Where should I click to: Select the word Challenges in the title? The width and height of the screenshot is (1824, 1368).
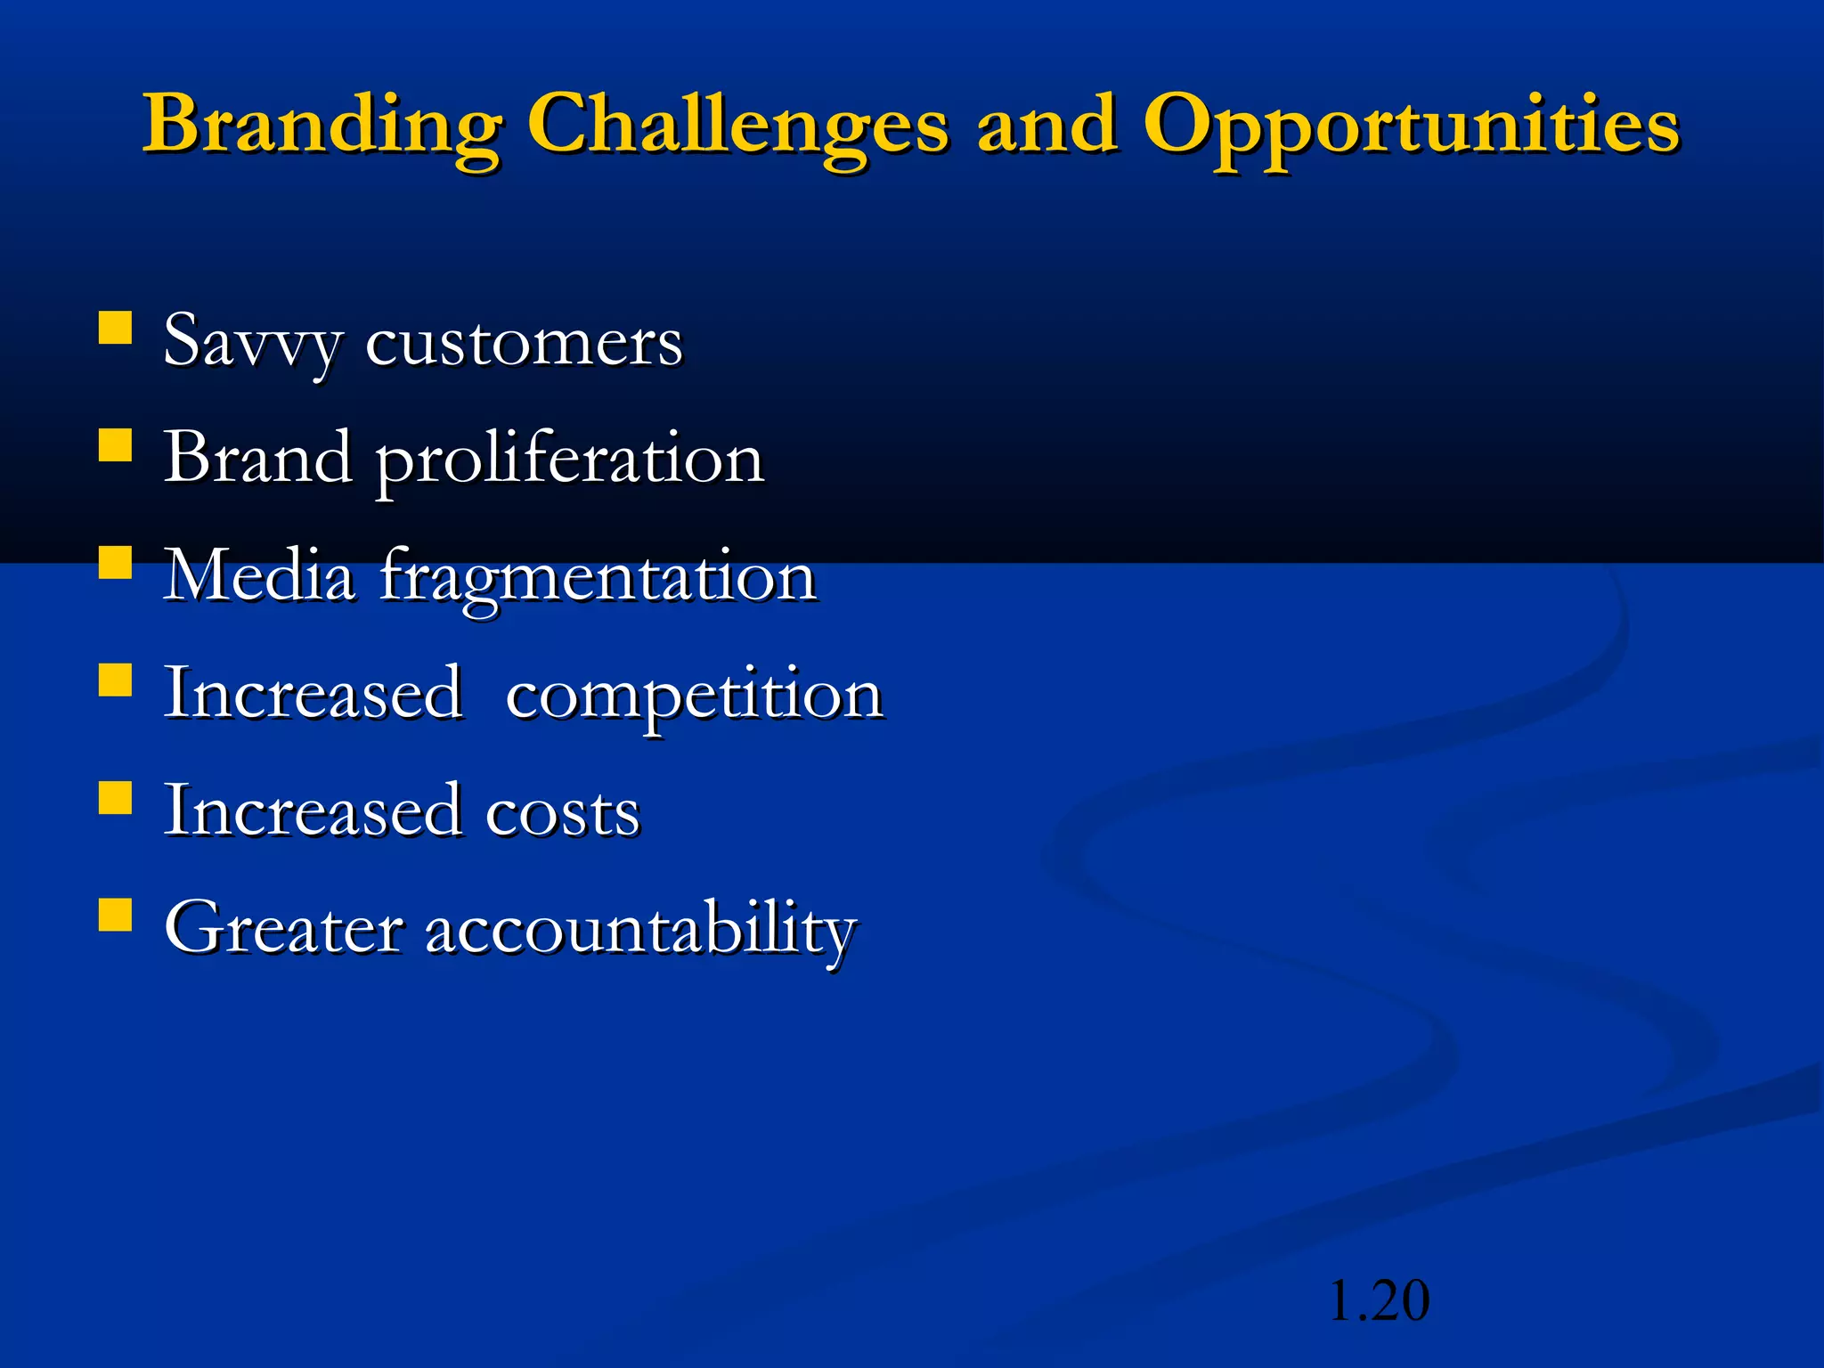coord(737,125)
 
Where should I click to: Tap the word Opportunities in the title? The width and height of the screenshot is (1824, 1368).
coord(1411,125)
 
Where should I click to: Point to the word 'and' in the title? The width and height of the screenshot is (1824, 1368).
coord(1046,125)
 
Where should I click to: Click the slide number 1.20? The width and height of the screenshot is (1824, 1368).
coord(1379,1301)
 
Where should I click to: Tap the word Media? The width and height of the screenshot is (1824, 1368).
coord(259,576)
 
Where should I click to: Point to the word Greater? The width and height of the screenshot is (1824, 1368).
coord(282,929)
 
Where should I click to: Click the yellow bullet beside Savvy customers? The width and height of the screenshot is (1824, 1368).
coord(115,327)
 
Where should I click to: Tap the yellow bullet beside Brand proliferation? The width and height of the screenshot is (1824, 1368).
coord(115,444)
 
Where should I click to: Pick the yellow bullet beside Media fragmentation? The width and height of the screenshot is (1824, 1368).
coord(115,562)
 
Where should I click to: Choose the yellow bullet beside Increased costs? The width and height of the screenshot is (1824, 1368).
coord(115,798)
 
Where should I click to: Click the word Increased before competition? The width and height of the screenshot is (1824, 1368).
coord(313,694)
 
